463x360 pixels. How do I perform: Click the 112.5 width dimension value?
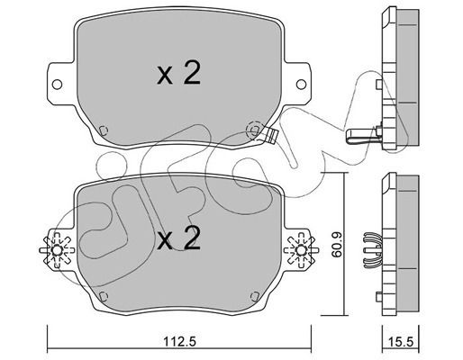(179, 341)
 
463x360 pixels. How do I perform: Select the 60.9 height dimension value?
(337, 244)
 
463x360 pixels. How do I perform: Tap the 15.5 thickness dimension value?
(400, 342)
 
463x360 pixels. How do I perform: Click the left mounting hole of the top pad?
(57, 85)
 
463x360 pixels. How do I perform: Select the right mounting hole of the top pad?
(301, 85)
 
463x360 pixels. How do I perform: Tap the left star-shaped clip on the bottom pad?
(57, 250)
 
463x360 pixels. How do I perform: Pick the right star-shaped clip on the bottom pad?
(301, 250)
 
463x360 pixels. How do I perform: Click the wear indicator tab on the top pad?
(271, 135)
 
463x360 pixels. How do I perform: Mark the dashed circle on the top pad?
(254, 130)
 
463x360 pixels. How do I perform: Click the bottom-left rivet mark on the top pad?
(104, 130)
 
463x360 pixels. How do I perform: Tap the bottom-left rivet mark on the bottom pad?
(104, 296)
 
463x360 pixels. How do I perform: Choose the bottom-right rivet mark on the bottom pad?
(255, 296)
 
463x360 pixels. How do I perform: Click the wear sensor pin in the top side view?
(362, 136)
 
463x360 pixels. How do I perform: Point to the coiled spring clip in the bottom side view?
(372, 250)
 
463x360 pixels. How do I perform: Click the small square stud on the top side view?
(379, 84)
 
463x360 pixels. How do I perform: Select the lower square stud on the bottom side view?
(379, 296)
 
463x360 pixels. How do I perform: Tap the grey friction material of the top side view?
(407, 77)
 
